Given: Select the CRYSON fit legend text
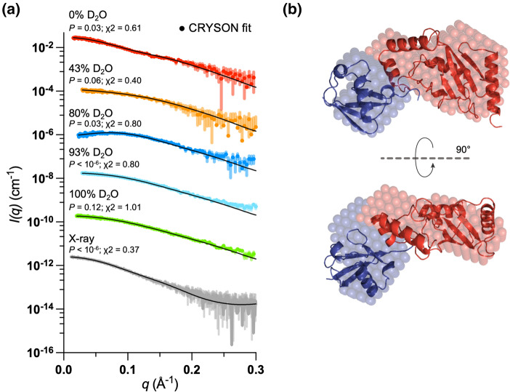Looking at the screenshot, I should tap(218, 28).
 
